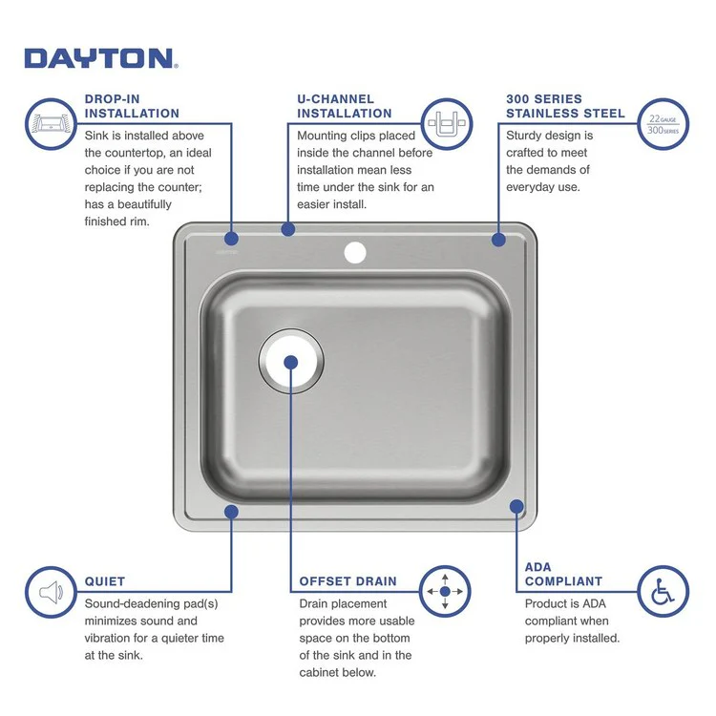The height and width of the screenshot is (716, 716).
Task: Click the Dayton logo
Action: click(x=100, y=58)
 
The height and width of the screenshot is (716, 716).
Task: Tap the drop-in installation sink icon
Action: click(x=52, y=124)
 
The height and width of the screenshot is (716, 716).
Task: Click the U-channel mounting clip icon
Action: click(x=446, y=124)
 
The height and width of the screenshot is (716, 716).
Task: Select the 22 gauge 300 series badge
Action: click(x=663, y=124)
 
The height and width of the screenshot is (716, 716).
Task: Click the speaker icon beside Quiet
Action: click(x=52, y=592)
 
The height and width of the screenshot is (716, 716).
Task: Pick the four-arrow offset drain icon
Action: click(x=445, y=592)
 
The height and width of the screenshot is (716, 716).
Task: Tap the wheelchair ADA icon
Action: click(x=663, y=592)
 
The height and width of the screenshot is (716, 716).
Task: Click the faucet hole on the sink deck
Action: click(x=355, y=253)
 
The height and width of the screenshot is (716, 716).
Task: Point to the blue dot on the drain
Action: click(x=291, y=362)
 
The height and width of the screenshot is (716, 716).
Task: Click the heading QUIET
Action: click(x=105, y=580)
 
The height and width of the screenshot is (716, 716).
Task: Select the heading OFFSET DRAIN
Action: click(x=348, y=580)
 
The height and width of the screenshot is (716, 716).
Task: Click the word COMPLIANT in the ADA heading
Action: click(x=563, y=580)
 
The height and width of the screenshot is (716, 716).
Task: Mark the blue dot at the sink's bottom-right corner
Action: click(x=516, y=507)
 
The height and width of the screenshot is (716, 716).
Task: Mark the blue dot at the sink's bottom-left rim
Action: click(x=231, y=512)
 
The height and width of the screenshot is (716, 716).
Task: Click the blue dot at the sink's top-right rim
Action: click(x=498, y=240)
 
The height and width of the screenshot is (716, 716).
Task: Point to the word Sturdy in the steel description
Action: click(x=524, y=136)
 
